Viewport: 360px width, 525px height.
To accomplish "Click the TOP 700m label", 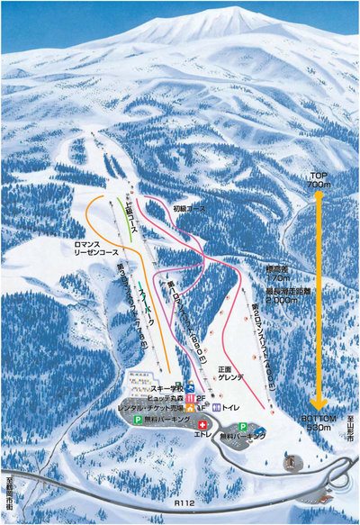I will point(319,178).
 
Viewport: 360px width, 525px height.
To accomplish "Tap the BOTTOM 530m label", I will point(319,423).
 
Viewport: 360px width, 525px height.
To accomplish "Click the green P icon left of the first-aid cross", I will point(138,420).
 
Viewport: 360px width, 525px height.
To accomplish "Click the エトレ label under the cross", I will point(202,432).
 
